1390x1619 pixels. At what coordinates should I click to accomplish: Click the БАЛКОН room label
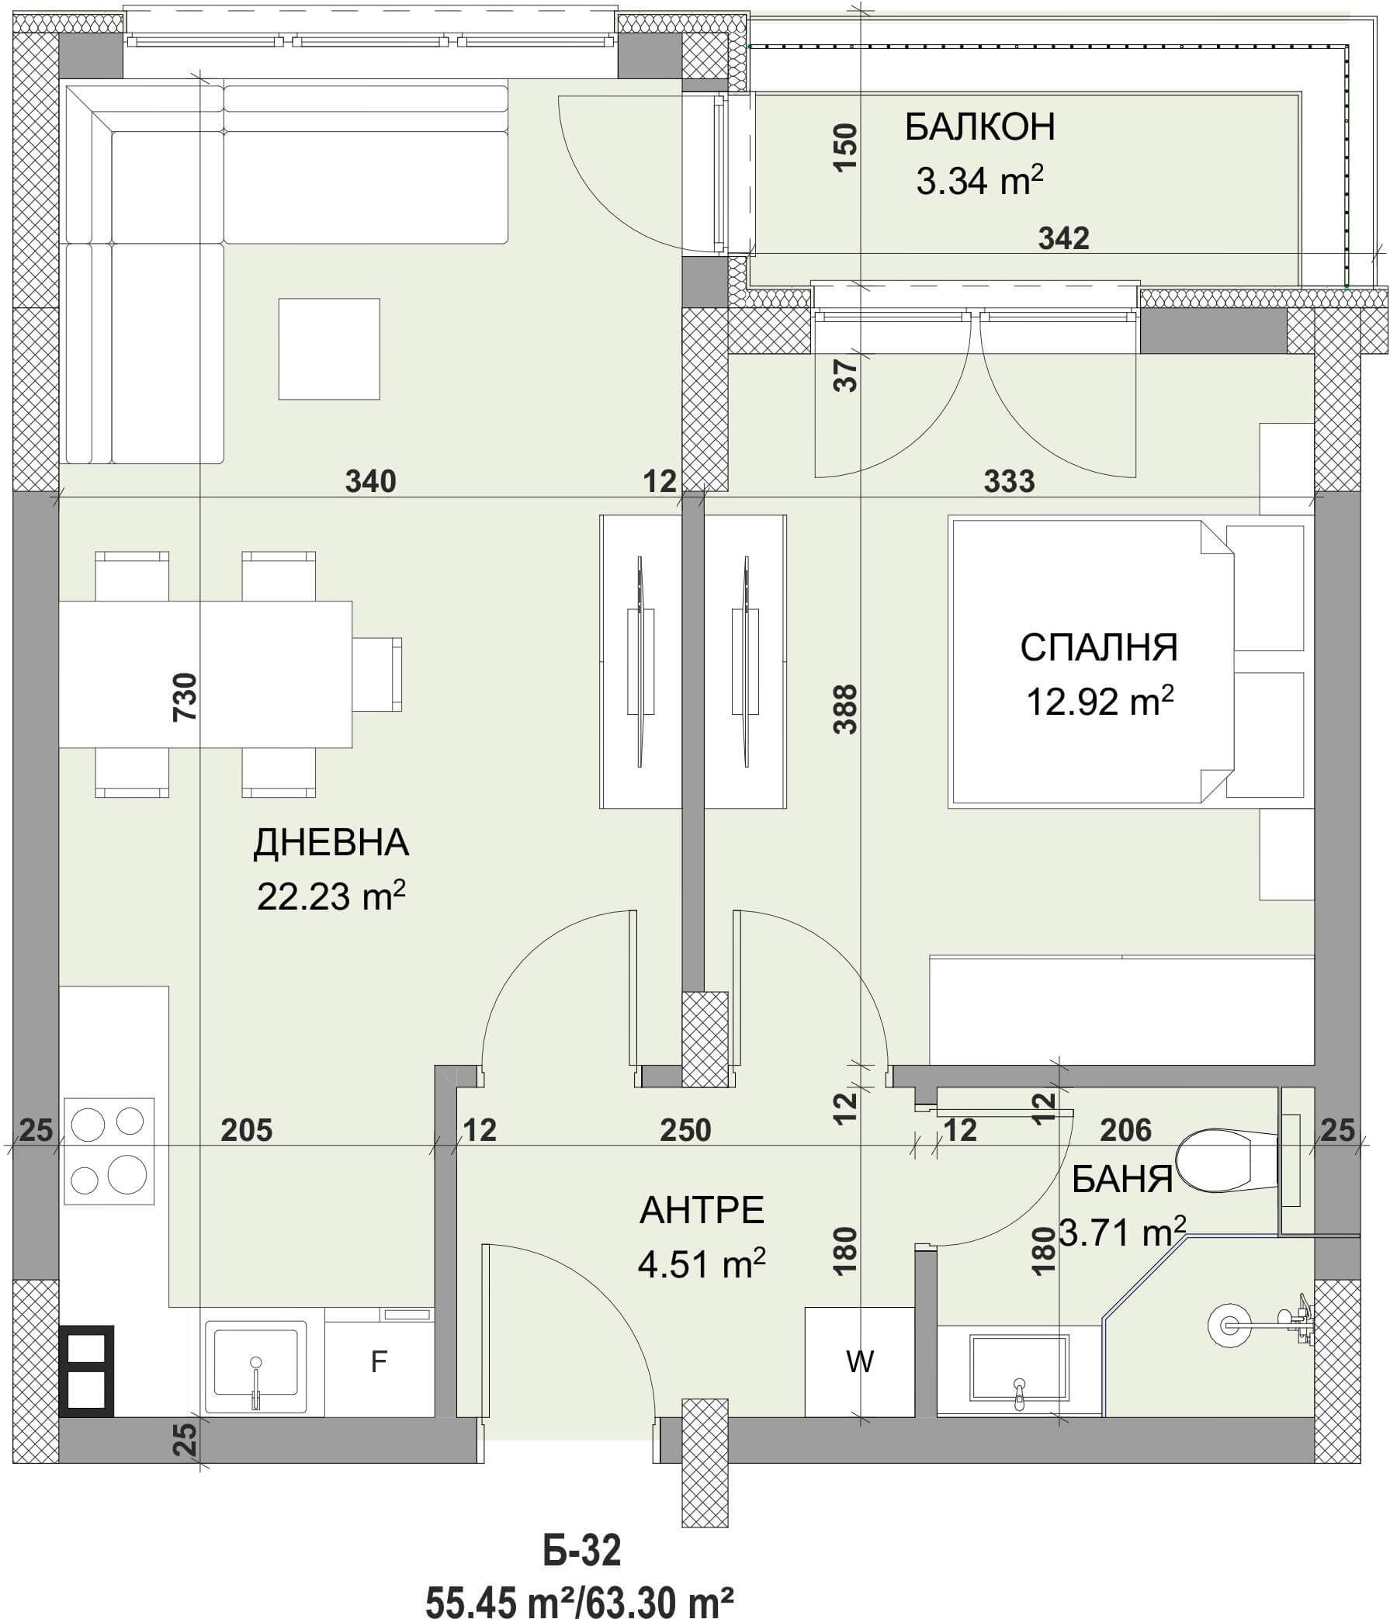click(979, 127)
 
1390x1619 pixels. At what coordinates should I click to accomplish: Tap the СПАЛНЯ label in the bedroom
click(1098, 648)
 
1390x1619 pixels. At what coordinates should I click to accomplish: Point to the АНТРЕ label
click(702, 1210)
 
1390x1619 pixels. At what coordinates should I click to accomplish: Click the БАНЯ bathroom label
click(1122, 1179)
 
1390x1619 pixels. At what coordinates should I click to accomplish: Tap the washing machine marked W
click(859, 1361)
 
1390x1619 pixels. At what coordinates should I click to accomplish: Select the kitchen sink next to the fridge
click(255, 1366)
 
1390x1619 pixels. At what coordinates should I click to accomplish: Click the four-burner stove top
click(109, 1151)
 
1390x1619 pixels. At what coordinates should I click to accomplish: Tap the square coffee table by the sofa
click(329, 348)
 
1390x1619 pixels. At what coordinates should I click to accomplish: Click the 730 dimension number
click(185, 696)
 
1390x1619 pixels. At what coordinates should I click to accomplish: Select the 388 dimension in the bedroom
click(845, 709)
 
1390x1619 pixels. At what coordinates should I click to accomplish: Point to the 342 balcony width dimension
click(1063, 237)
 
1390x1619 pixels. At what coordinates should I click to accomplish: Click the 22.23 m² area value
click(331, 896)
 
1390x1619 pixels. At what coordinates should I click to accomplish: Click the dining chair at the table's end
click(376, 674)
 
